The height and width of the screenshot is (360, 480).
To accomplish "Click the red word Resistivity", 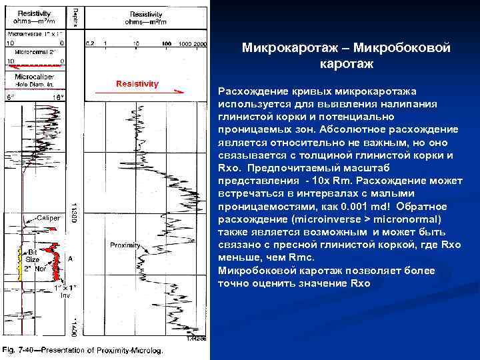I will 137,84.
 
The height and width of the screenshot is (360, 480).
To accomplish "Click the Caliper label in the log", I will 48,218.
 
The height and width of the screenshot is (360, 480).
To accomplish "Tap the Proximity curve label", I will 127,244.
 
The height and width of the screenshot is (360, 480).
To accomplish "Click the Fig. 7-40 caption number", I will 19,351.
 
